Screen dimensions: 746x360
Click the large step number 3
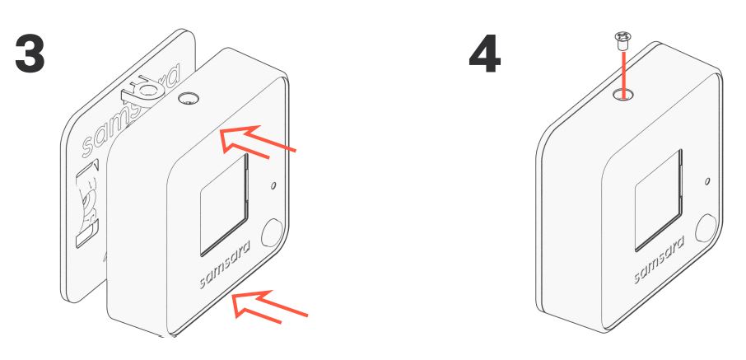(30, 54)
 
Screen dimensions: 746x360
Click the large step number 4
(485, 54)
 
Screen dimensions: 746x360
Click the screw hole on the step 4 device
(622, 94)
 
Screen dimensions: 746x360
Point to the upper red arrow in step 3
(258, 141)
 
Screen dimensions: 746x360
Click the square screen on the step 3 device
(224, 205)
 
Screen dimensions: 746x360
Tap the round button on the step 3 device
(272, 232)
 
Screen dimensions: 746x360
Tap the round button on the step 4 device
(706, 227)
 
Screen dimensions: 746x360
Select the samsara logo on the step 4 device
(659, 260)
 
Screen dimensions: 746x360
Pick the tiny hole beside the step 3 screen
(273, 185)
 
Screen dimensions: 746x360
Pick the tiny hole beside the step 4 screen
(707, 181)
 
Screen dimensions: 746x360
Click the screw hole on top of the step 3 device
(189, 99)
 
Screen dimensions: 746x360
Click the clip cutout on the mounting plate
(88, 205)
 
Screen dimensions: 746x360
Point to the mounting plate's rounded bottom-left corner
(67, 294)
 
